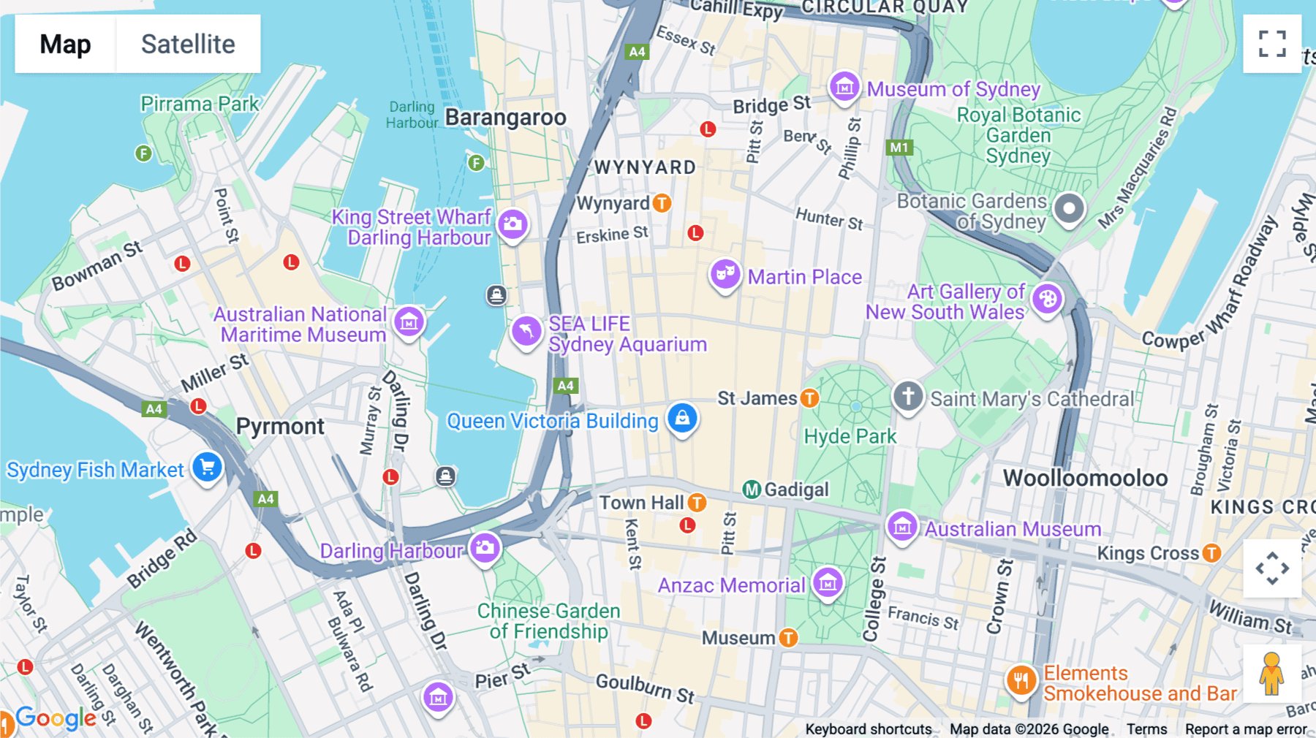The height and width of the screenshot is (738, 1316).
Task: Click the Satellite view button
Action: pos(188,44)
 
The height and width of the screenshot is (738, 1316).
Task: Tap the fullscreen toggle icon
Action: pos(1271,44)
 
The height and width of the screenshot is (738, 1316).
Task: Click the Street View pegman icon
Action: pos(1271,673)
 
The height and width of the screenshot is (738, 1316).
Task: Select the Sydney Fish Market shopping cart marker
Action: pos(207,467)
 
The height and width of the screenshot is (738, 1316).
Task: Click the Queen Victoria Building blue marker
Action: pos(682,418)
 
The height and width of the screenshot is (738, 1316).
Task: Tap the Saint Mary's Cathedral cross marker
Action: pos(908,397)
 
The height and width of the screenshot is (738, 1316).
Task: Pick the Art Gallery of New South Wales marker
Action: pos(1047,299)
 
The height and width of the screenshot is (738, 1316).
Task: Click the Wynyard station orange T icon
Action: pos(662,203)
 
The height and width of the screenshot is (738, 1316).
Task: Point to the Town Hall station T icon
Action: pos(697,503)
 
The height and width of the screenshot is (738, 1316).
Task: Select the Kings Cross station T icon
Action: pos(1211,553)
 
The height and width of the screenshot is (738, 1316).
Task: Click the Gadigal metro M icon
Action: pos(752,490)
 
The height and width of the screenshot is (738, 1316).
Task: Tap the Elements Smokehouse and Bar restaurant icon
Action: pos(1021,680)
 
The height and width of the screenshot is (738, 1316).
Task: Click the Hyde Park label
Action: pos(850,437)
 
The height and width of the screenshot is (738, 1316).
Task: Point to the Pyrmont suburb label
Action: pos(280,427)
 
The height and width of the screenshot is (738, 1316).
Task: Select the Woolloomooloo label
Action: pos(1085,479)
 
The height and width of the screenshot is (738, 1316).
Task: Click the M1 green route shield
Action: pos(899,148)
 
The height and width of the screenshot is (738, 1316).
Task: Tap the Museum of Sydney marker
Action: pos(844,86)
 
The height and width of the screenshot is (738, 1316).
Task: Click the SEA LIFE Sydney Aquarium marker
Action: pos(526,331)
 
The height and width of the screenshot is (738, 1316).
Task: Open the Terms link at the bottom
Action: pos(1146,729)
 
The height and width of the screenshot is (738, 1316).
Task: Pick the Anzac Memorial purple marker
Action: pos(828,582)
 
